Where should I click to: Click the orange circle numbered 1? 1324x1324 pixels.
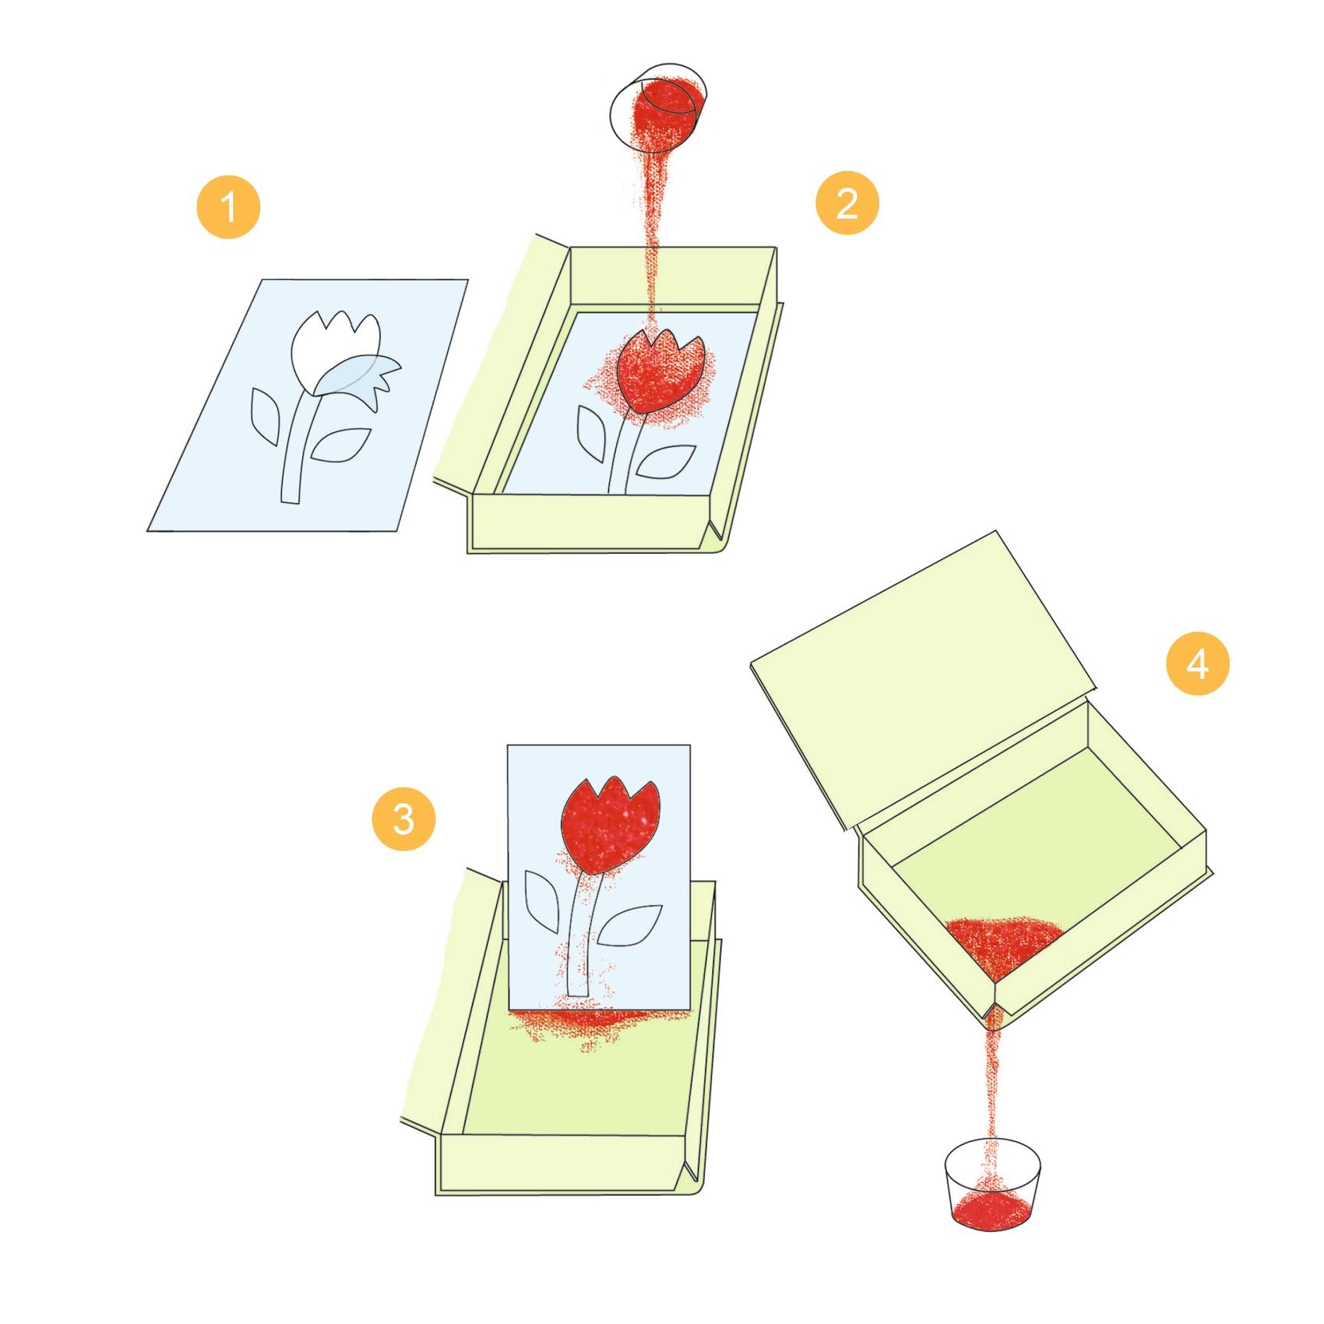(228, 206)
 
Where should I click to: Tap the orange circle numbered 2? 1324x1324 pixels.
(847, 203)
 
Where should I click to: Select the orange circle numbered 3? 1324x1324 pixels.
(403, 819)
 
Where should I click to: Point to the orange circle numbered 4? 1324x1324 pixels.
(1198, 664)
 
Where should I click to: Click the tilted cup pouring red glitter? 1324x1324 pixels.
(658, 108)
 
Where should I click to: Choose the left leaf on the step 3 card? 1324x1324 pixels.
(541, 902)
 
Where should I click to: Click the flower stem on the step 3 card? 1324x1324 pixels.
(580, 935)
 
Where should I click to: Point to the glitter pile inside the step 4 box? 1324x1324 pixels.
(1005, 947)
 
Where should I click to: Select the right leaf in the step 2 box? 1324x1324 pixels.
(667, 461)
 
